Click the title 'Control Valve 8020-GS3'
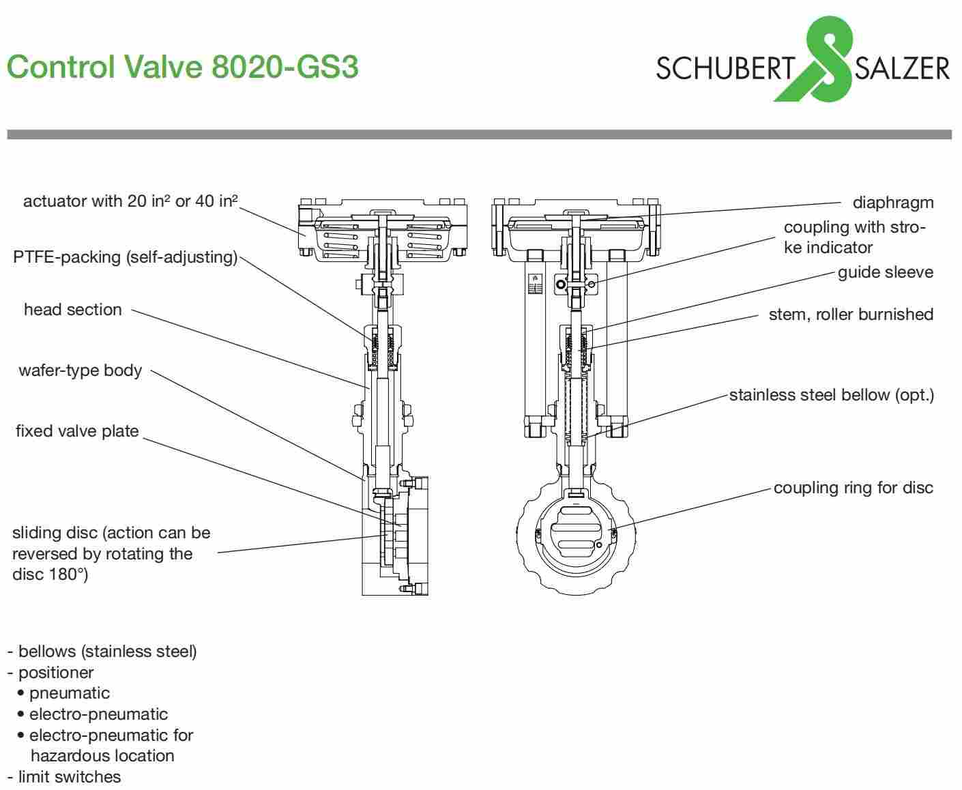click(182, 67)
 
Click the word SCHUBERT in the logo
click(725, 68)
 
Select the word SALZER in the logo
click(901, 68)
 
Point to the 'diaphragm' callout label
click(892, 203)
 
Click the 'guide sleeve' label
click(885, 272)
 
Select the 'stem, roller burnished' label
click(850, 314)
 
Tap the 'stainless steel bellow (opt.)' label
click(831, 395)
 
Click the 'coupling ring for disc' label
click(853, 488)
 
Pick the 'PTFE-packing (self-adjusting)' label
click(126, 257)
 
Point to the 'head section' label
click(73, 310)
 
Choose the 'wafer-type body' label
click(81, 370)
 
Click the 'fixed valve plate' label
click(77, 431)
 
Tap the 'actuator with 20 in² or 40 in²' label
click(130, 201)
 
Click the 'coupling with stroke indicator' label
click(854, 237)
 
